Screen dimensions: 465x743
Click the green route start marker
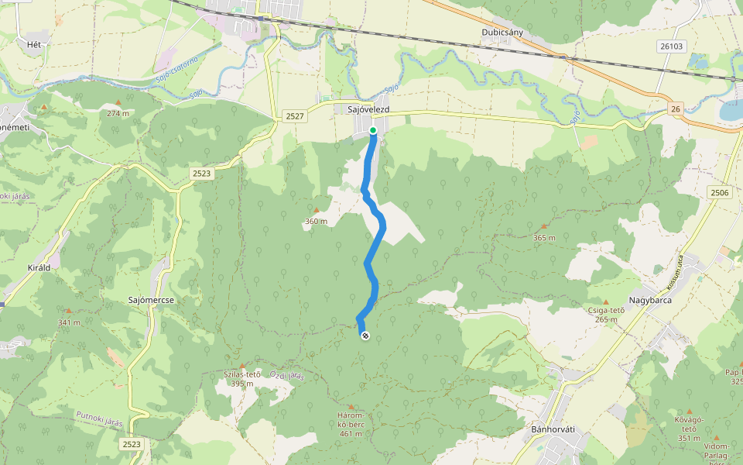click(x=372, y=130)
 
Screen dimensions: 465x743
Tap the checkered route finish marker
click(x=365, y=336)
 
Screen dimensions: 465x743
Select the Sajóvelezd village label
click(x=367, y=111)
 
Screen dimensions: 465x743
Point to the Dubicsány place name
click(x=502, y=33)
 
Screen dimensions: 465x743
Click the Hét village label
click(x=33, y=44)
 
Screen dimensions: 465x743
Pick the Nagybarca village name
click(x=649, y=300)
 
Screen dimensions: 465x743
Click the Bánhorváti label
click(x=550, y=428)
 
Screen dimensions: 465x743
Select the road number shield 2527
click(x=295, y=115)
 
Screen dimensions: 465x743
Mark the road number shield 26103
click(x=673, y=46)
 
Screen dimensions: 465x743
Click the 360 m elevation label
click(x=316, y=222)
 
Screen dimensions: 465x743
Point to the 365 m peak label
click(x=544, y=238)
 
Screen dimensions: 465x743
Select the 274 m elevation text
click(x=118, y=113)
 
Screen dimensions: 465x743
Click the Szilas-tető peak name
click(x=241, y=374)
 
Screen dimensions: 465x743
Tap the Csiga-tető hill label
click(x=606, y=311)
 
